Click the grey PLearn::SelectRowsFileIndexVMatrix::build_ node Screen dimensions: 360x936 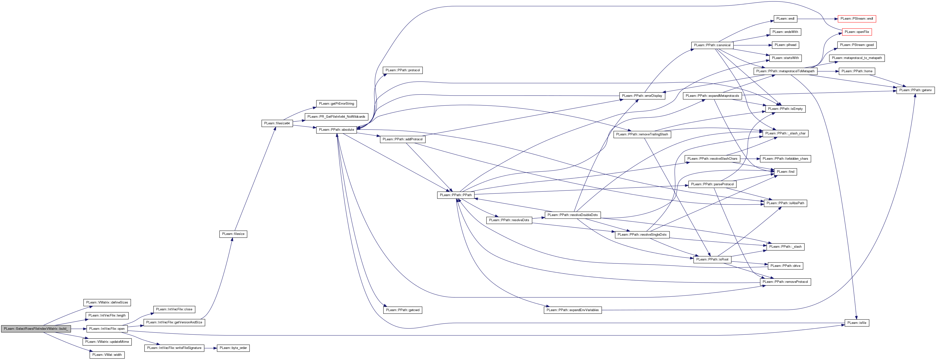pos(36,329)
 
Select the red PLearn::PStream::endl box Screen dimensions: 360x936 pos(857,18)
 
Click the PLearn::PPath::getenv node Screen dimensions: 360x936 pos(915,90)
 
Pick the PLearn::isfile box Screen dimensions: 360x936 pos(856,323)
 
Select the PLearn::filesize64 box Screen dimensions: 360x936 pos(277,124)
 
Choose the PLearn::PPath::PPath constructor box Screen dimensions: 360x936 pos(456,195)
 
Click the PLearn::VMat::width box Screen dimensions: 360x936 pos(107,355)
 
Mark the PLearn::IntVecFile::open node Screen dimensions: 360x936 pos(107,329)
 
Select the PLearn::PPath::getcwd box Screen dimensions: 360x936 pos(403,310)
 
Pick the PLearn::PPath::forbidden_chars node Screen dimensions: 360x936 pos(785,159)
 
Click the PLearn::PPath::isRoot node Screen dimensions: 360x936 pos(712,259)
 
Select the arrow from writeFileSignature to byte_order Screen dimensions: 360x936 pos(210,348)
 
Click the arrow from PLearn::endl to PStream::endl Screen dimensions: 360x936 pos(818,18)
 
